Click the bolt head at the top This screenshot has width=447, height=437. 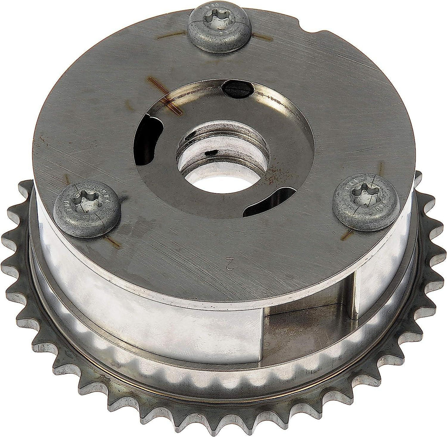[219, 26]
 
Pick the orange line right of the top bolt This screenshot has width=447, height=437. [262, 38]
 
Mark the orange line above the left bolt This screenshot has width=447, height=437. [68, 179]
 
